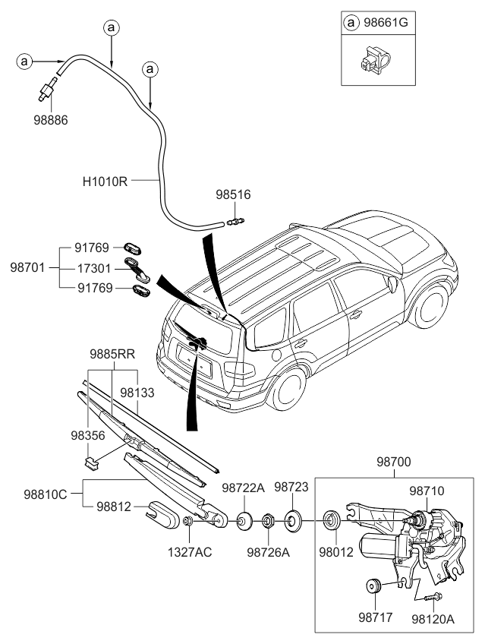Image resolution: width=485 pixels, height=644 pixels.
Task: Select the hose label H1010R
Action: coord(104,182)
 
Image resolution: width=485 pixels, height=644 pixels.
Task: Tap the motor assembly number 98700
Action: coord(393,461)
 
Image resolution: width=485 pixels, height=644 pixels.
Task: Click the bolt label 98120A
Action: coord(433,619)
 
